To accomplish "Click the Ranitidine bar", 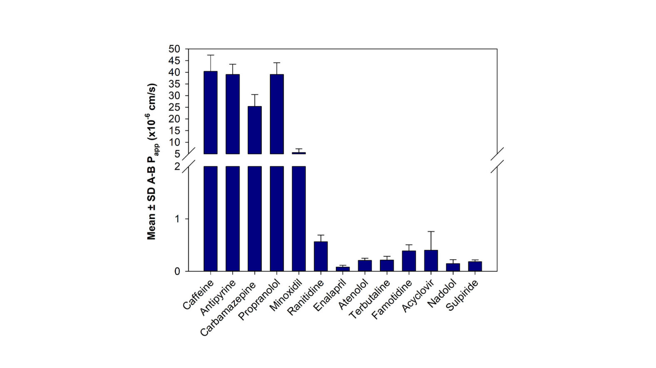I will point(321,256).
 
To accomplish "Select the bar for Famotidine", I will point(409,261).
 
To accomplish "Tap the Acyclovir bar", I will point(431,261).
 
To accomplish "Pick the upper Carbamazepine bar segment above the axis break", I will point(255,130).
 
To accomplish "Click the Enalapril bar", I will point(343,269).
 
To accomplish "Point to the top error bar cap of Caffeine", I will point(211,55).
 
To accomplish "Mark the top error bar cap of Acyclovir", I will point(431,231).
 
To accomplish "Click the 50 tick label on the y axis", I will point(174,49).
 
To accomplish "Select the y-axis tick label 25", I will point(174,107).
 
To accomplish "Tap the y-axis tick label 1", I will point(177,219).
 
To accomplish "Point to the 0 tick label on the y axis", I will point(177,271).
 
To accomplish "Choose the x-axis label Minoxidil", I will point(286,296).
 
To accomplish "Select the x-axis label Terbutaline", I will point(369,300).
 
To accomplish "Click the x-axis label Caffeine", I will point(198,295).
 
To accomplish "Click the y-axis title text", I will point(152,162).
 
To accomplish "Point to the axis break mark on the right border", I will point(497,160).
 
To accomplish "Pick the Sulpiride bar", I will point(475,266).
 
